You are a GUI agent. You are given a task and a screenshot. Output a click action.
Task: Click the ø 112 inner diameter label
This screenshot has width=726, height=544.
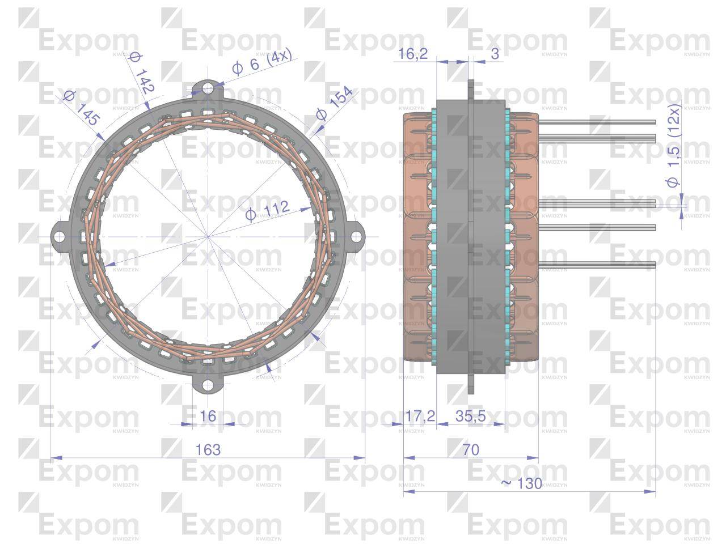pyautogui.click(x=267, y=211)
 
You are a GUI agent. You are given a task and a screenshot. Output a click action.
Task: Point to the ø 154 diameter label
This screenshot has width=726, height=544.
pyautogui.click(x=335, y=103)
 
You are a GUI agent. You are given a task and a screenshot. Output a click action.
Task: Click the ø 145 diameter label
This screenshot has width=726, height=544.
pyautogui.click(x=82, y=108)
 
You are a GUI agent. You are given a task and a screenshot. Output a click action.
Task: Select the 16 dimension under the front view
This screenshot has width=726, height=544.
pyautogui.click(x=208, y=416)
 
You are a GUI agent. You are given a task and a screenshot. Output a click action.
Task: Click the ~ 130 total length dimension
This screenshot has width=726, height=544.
pyautogui.click(x=522, y=483)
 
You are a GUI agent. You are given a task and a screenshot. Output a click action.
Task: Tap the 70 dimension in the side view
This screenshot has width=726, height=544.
pyautogui.click(x=470, y=449)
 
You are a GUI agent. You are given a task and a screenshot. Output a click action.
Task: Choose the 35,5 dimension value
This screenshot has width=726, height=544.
pyautogui.click(x=470, y=416)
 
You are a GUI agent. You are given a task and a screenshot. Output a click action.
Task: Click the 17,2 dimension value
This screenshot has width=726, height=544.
pyautogui.click(x=420, y=416)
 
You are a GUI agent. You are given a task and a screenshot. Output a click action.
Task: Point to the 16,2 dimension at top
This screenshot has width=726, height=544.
pyautogui.click(x=413, y=54)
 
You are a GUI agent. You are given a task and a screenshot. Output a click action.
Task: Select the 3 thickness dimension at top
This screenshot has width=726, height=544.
pyautogui.click(x=495, y=54)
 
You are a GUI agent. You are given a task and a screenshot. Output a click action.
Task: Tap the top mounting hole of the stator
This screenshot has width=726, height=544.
pyautogui.click(x=208, y=89)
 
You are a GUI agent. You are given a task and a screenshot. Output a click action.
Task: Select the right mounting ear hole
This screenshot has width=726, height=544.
pyautogui.click(x=355, y=236)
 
